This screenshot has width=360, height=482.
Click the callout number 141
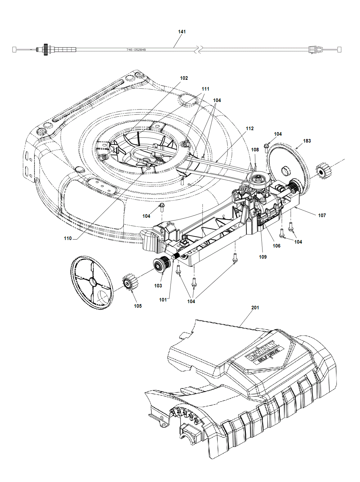pyautogui.click(x=182, y=32)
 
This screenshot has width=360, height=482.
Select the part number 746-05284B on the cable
pyautogui.click(x=136, y=50)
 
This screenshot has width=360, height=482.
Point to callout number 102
pyautogui.click(x=184, y=78)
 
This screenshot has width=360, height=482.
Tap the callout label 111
pyautogui.click(x=205, y=89)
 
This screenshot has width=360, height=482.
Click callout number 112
pyautogui.click(x=249, y=129)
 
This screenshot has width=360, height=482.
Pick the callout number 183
pyautogui.click(x=307, y=141)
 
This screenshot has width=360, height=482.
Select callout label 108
pyautogui.click(x=255, y=150)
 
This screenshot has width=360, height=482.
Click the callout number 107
pyautogui.click(x=322, y=215)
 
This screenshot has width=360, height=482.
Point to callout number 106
pyautogui.click(x=276, y=246)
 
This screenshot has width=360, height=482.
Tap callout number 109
pyautogui.click(x=262, y=257)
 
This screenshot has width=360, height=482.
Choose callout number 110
pyautogui.click(x=68, y=238)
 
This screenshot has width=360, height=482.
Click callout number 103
pyautogui.click(x=158, y=286)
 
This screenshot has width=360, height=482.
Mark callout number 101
pyautogui.click(x=163, y=300)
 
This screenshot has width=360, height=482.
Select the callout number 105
pyautogui.click(x=137, y=306)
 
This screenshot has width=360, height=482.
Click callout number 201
pyautogui.click(x=255, y=308)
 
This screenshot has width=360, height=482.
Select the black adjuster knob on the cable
pyautogui.click(x=46, y=50)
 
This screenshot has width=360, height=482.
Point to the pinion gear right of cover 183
pyautogui.click(x=324, y=171)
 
